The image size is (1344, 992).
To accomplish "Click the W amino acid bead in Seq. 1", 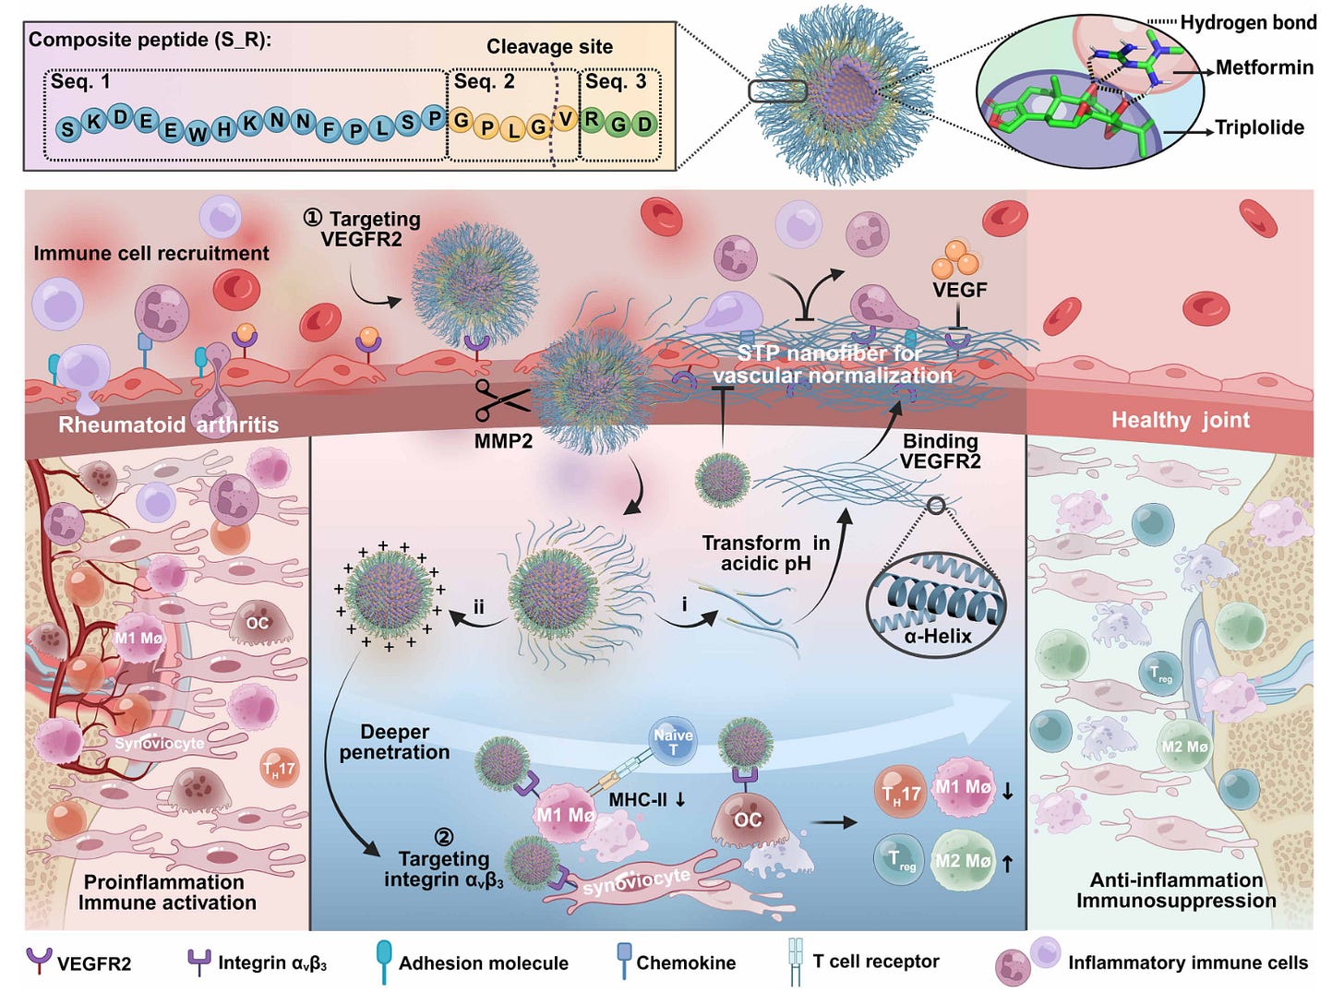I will point(198,134).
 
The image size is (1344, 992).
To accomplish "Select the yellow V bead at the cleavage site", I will point(566,119).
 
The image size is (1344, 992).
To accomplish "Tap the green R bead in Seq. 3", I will point(592,120).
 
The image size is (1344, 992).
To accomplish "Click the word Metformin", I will point(1264,67).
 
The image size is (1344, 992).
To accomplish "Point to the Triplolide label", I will point(1259,127).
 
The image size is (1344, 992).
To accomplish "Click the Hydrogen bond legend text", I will point(1248,22).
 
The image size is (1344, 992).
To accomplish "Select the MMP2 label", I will point(503,441).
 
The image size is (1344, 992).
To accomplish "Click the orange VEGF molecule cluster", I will point(955,259).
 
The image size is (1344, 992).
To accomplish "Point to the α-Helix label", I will point(938,636).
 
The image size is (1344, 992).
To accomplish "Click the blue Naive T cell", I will point(673,740).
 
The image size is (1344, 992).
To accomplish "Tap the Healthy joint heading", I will point(1180,421).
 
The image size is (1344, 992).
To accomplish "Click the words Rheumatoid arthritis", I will point(168,424).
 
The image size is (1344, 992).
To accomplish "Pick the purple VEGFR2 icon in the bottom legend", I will point(39,962).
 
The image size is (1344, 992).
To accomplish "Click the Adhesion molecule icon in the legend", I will point(384,962).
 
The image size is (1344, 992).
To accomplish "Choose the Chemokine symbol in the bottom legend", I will point(624,960).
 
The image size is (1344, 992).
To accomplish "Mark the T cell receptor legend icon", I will point(796,962).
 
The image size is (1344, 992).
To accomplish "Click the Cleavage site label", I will point(549,46).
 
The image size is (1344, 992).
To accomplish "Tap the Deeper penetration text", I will point(394,742).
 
